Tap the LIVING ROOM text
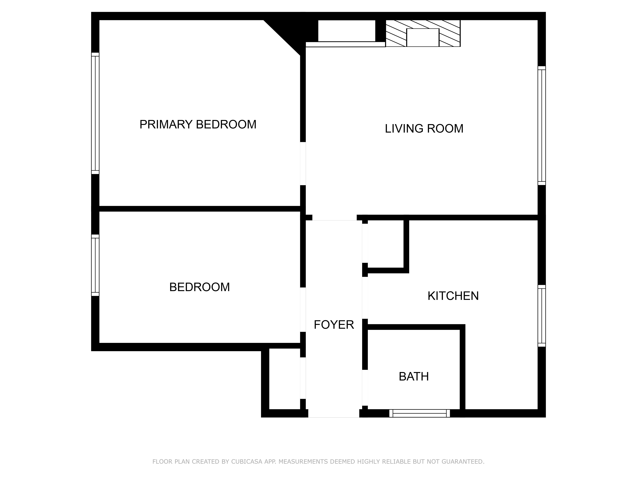(x=424, y=129)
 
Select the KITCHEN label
(x=453, y=296)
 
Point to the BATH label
(x=414, y=377)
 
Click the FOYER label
(x=334, y=325)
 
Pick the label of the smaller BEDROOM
(x=200, y=287)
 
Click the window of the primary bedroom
(x=95, y=113)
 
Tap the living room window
(x=542, y=126)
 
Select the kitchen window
(x=542, y=316)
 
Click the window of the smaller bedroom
(x=95, y=265)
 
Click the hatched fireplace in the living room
(x=423, y=33)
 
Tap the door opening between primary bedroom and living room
(x=303, y=164)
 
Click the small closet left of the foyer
(x=285, y=379)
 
